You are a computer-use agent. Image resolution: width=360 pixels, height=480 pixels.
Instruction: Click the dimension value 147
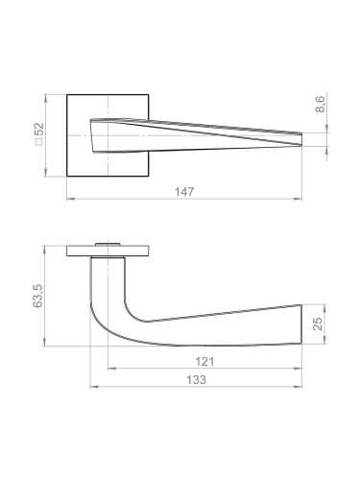point(185,192)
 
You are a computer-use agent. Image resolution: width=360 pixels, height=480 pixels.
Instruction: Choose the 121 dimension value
point(203,362)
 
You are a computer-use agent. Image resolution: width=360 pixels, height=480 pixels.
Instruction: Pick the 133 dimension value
point(198,380)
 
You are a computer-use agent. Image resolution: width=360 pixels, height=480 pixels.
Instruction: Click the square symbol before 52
point(39,147)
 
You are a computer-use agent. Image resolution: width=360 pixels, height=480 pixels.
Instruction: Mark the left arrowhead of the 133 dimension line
point(92,387)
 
